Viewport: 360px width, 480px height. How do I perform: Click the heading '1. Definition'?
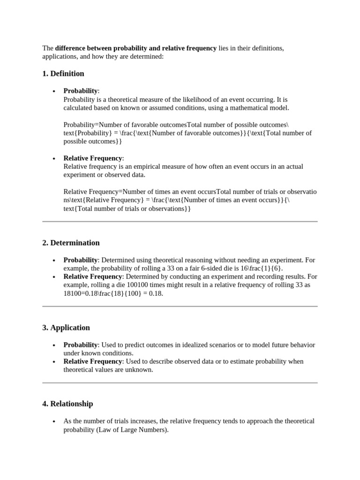[x=63, y=74]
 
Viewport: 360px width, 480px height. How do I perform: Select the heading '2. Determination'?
[x=71, y=243]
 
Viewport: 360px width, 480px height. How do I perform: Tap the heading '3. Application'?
[x=66, y=328]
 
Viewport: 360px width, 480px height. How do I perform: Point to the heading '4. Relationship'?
[x=67, y=404]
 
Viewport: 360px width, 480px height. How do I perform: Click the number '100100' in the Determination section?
[x=121, y=285]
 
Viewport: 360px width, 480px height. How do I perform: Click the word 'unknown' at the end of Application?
[x=140, y=370]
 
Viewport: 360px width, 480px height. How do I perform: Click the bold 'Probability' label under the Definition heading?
[x=81, y=91]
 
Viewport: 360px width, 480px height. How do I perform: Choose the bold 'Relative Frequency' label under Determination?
[x=93, y=277]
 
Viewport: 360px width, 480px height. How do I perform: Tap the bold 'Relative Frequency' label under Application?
[x=93, y=361]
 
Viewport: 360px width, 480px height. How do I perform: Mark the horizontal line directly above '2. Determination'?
[x=180, y=221]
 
